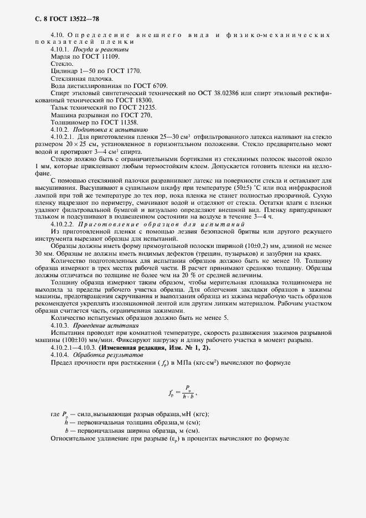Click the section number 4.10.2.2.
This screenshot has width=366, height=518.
(x=62, y=224)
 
